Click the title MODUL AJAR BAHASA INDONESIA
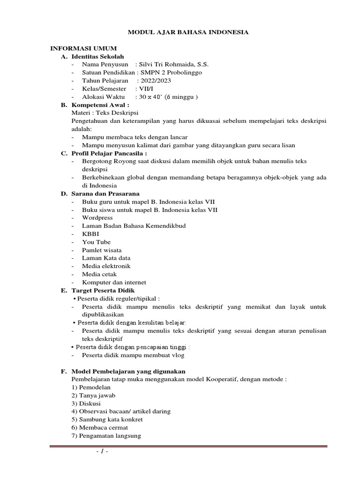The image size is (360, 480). pyautogui.click(x=188, y=32)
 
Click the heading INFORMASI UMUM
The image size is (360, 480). pyautogui.click(x=83, y=48)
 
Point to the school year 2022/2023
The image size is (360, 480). pyautogui.click(x=154, y=81)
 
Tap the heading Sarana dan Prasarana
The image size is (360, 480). pyautogui.click(x=105, y=194)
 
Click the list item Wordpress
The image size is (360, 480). pyautogui.click(x=97, y=218)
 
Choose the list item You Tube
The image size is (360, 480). pyautogui.click(x=96, y=242)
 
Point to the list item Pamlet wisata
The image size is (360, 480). pyautogui.click(x=102, y=250)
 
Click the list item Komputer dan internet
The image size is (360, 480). pyautogui.click(x=114, y=282)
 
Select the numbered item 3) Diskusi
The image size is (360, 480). pyautogui.click(x=86, y=403)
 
